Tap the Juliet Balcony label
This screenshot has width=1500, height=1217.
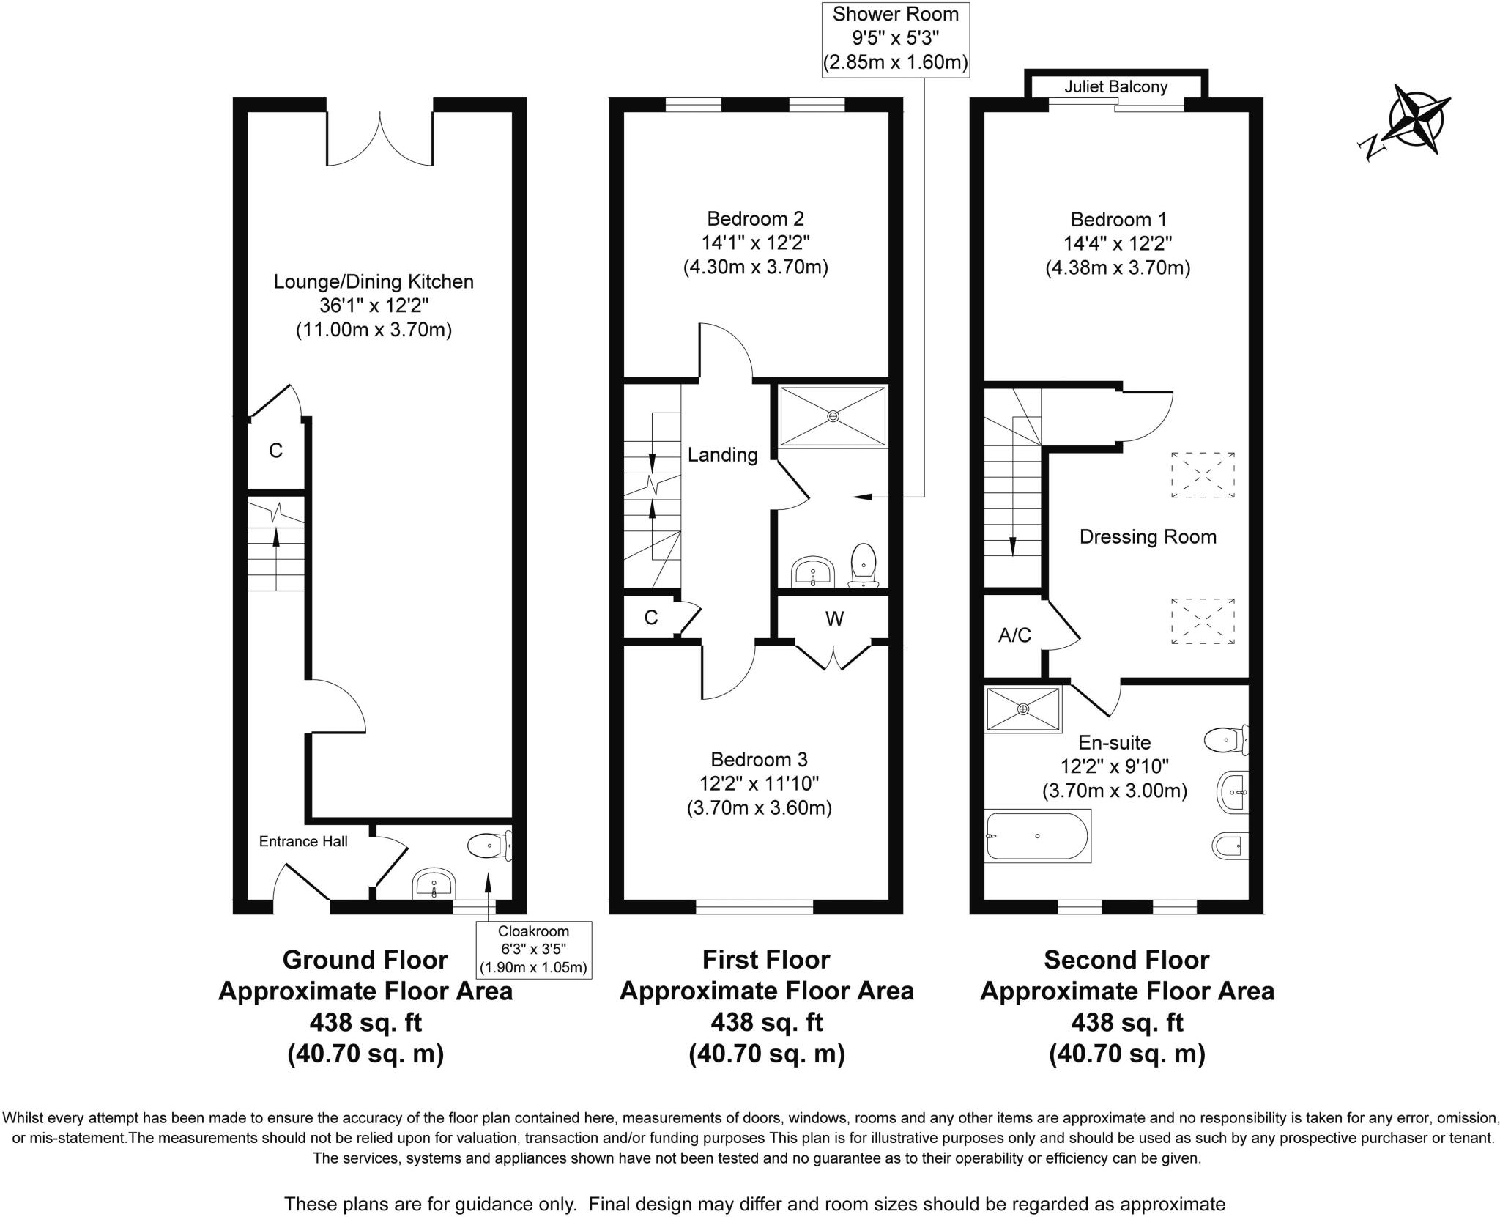(x=1115, y=87)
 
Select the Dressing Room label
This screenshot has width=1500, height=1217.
(x=1148, y=537)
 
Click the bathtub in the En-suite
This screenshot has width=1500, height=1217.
(x=1038, y=835)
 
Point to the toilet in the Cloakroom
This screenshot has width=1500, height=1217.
(x=489, y=846)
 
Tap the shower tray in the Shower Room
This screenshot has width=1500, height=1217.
(x=833, y=416)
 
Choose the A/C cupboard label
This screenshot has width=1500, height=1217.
(x=1014, y=635)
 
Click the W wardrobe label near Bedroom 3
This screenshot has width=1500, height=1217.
(x=834, y=619)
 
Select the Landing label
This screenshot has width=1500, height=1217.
(x=722, y=455)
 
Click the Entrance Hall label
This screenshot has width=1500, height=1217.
(x=303, y=841)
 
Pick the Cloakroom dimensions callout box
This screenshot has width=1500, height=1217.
(x=533, y=950)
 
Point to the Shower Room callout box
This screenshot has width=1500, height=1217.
(x=895, y=38)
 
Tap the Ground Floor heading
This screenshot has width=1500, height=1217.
(x=365, y=960)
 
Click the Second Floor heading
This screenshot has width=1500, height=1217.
(x=1126, y=960)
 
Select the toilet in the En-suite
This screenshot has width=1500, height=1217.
(x=1226, y=740)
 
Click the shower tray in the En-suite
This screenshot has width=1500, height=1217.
(x=1022, y=709)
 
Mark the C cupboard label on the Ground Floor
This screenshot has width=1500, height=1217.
(x=275, y=451)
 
